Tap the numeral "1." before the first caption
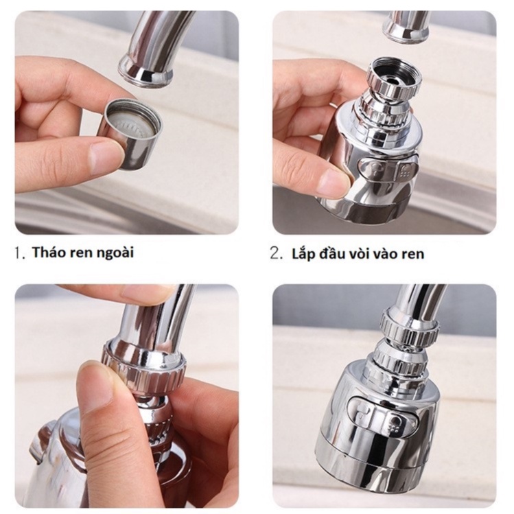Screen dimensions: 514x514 pos(20,253)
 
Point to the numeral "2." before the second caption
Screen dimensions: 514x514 pos(276,254)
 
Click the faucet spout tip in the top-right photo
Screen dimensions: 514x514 pos(407,28)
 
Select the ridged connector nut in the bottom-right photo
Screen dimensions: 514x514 pos(408,325)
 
